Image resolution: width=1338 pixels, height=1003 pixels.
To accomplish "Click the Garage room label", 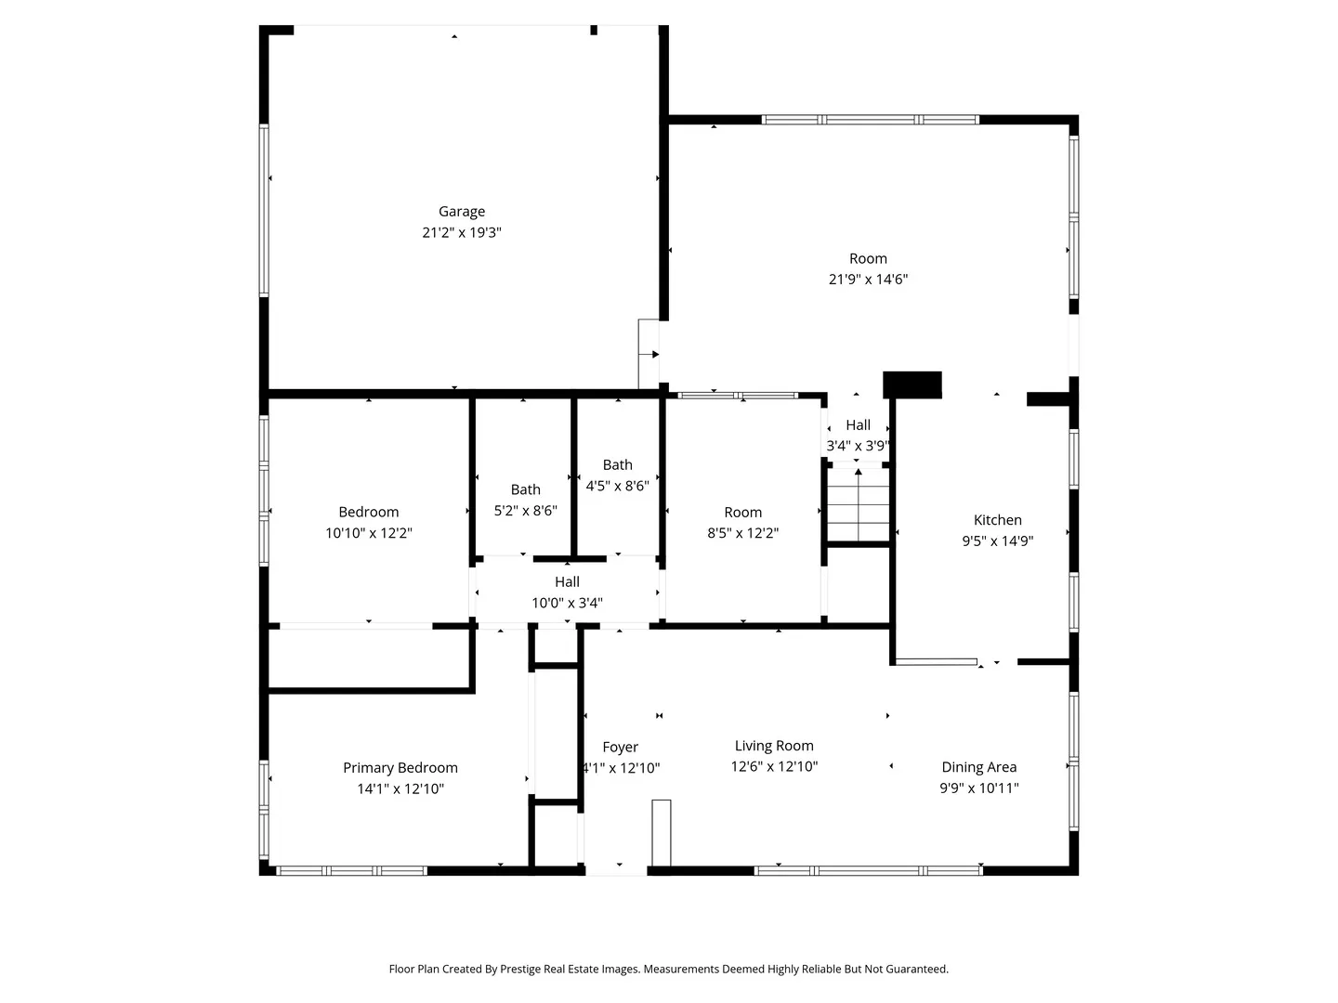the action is (462, 212).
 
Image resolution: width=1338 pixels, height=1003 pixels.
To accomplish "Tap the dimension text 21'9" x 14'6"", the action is (868, 279).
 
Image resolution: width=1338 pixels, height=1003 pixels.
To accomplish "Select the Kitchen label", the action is (997, 519).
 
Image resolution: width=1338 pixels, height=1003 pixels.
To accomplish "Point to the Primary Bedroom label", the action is (400, 767).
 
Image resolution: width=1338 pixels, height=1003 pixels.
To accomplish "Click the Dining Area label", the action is (979, 767).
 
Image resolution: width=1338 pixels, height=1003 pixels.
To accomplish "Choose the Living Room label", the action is (774, 746).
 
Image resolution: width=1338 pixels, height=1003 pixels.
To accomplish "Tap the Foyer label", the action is (620, 748).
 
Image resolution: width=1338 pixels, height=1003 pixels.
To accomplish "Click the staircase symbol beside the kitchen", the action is (858, 504).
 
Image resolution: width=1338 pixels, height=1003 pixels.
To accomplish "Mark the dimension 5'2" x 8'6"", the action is (526, 511).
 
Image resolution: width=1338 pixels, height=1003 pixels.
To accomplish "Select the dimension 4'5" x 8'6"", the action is (618, 486).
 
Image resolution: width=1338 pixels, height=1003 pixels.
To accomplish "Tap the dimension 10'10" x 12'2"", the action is (369, 533).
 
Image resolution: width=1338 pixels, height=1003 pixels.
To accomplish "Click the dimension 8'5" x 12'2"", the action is (743, 533).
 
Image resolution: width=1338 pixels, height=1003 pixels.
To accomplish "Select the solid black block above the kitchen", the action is (912, 384).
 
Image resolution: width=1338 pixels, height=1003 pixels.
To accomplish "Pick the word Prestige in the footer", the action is (522, 969).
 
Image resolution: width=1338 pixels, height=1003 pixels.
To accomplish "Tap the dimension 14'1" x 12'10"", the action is (400, 788).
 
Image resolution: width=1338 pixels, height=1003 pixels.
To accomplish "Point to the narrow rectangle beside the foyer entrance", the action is (662, 832).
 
